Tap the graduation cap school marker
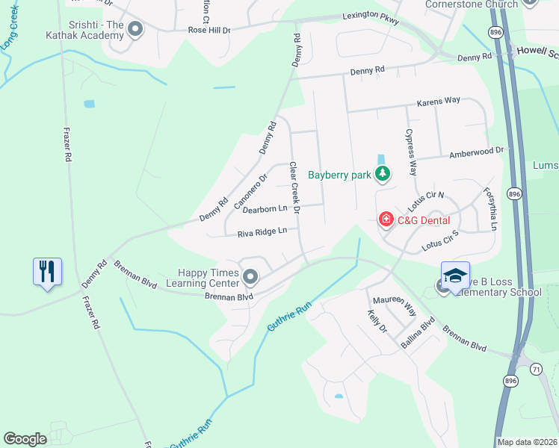(x=455, y=276)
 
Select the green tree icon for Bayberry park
(x=383, y=175)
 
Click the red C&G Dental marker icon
(x=386, y=220)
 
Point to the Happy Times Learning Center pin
(x=250, y=279)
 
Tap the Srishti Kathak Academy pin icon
(x=135, y=30)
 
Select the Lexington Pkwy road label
(x=371, y=16)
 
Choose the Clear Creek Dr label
(x=294, y=188)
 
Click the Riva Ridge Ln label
(x=262, y=232)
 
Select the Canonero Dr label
(x=250, y=192)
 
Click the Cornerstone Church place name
(x=471, y=4)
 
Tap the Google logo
(x=25, y=439)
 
